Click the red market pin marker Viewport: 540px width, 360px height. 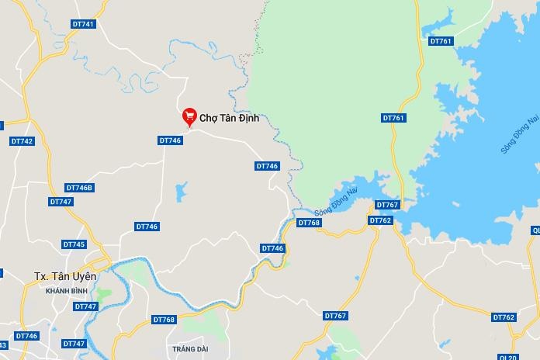point(189,116)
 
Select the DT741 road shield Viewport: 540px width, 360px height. point(83,24)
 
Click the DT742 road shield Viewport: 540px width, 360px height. point(22,141)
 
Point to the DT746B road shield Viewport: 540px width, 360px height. point(79,188)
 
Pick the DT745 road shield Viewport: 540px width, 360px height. point(74,244)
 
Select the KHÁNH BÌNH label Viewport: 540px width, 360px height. point(67,290)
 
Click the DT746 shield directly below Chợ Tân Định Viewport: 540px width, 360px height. point(170,140)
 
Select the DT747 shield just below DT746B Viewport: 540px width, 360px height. point(61,202)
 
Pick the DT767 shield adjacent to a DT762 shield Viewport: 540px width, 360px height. point(387,205)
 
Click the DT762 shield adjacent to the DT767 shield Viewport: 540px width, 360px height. point(380,220)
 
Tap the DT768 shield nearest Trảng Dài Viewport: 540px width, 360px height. point(164,320)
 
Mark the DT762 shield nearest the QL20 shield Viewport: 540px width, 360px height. point(504,317)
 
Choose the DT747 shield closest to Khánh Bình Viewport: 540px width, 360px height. point(85,306)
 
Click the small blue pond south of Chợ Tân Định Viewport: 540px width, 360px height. point(181,191)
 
